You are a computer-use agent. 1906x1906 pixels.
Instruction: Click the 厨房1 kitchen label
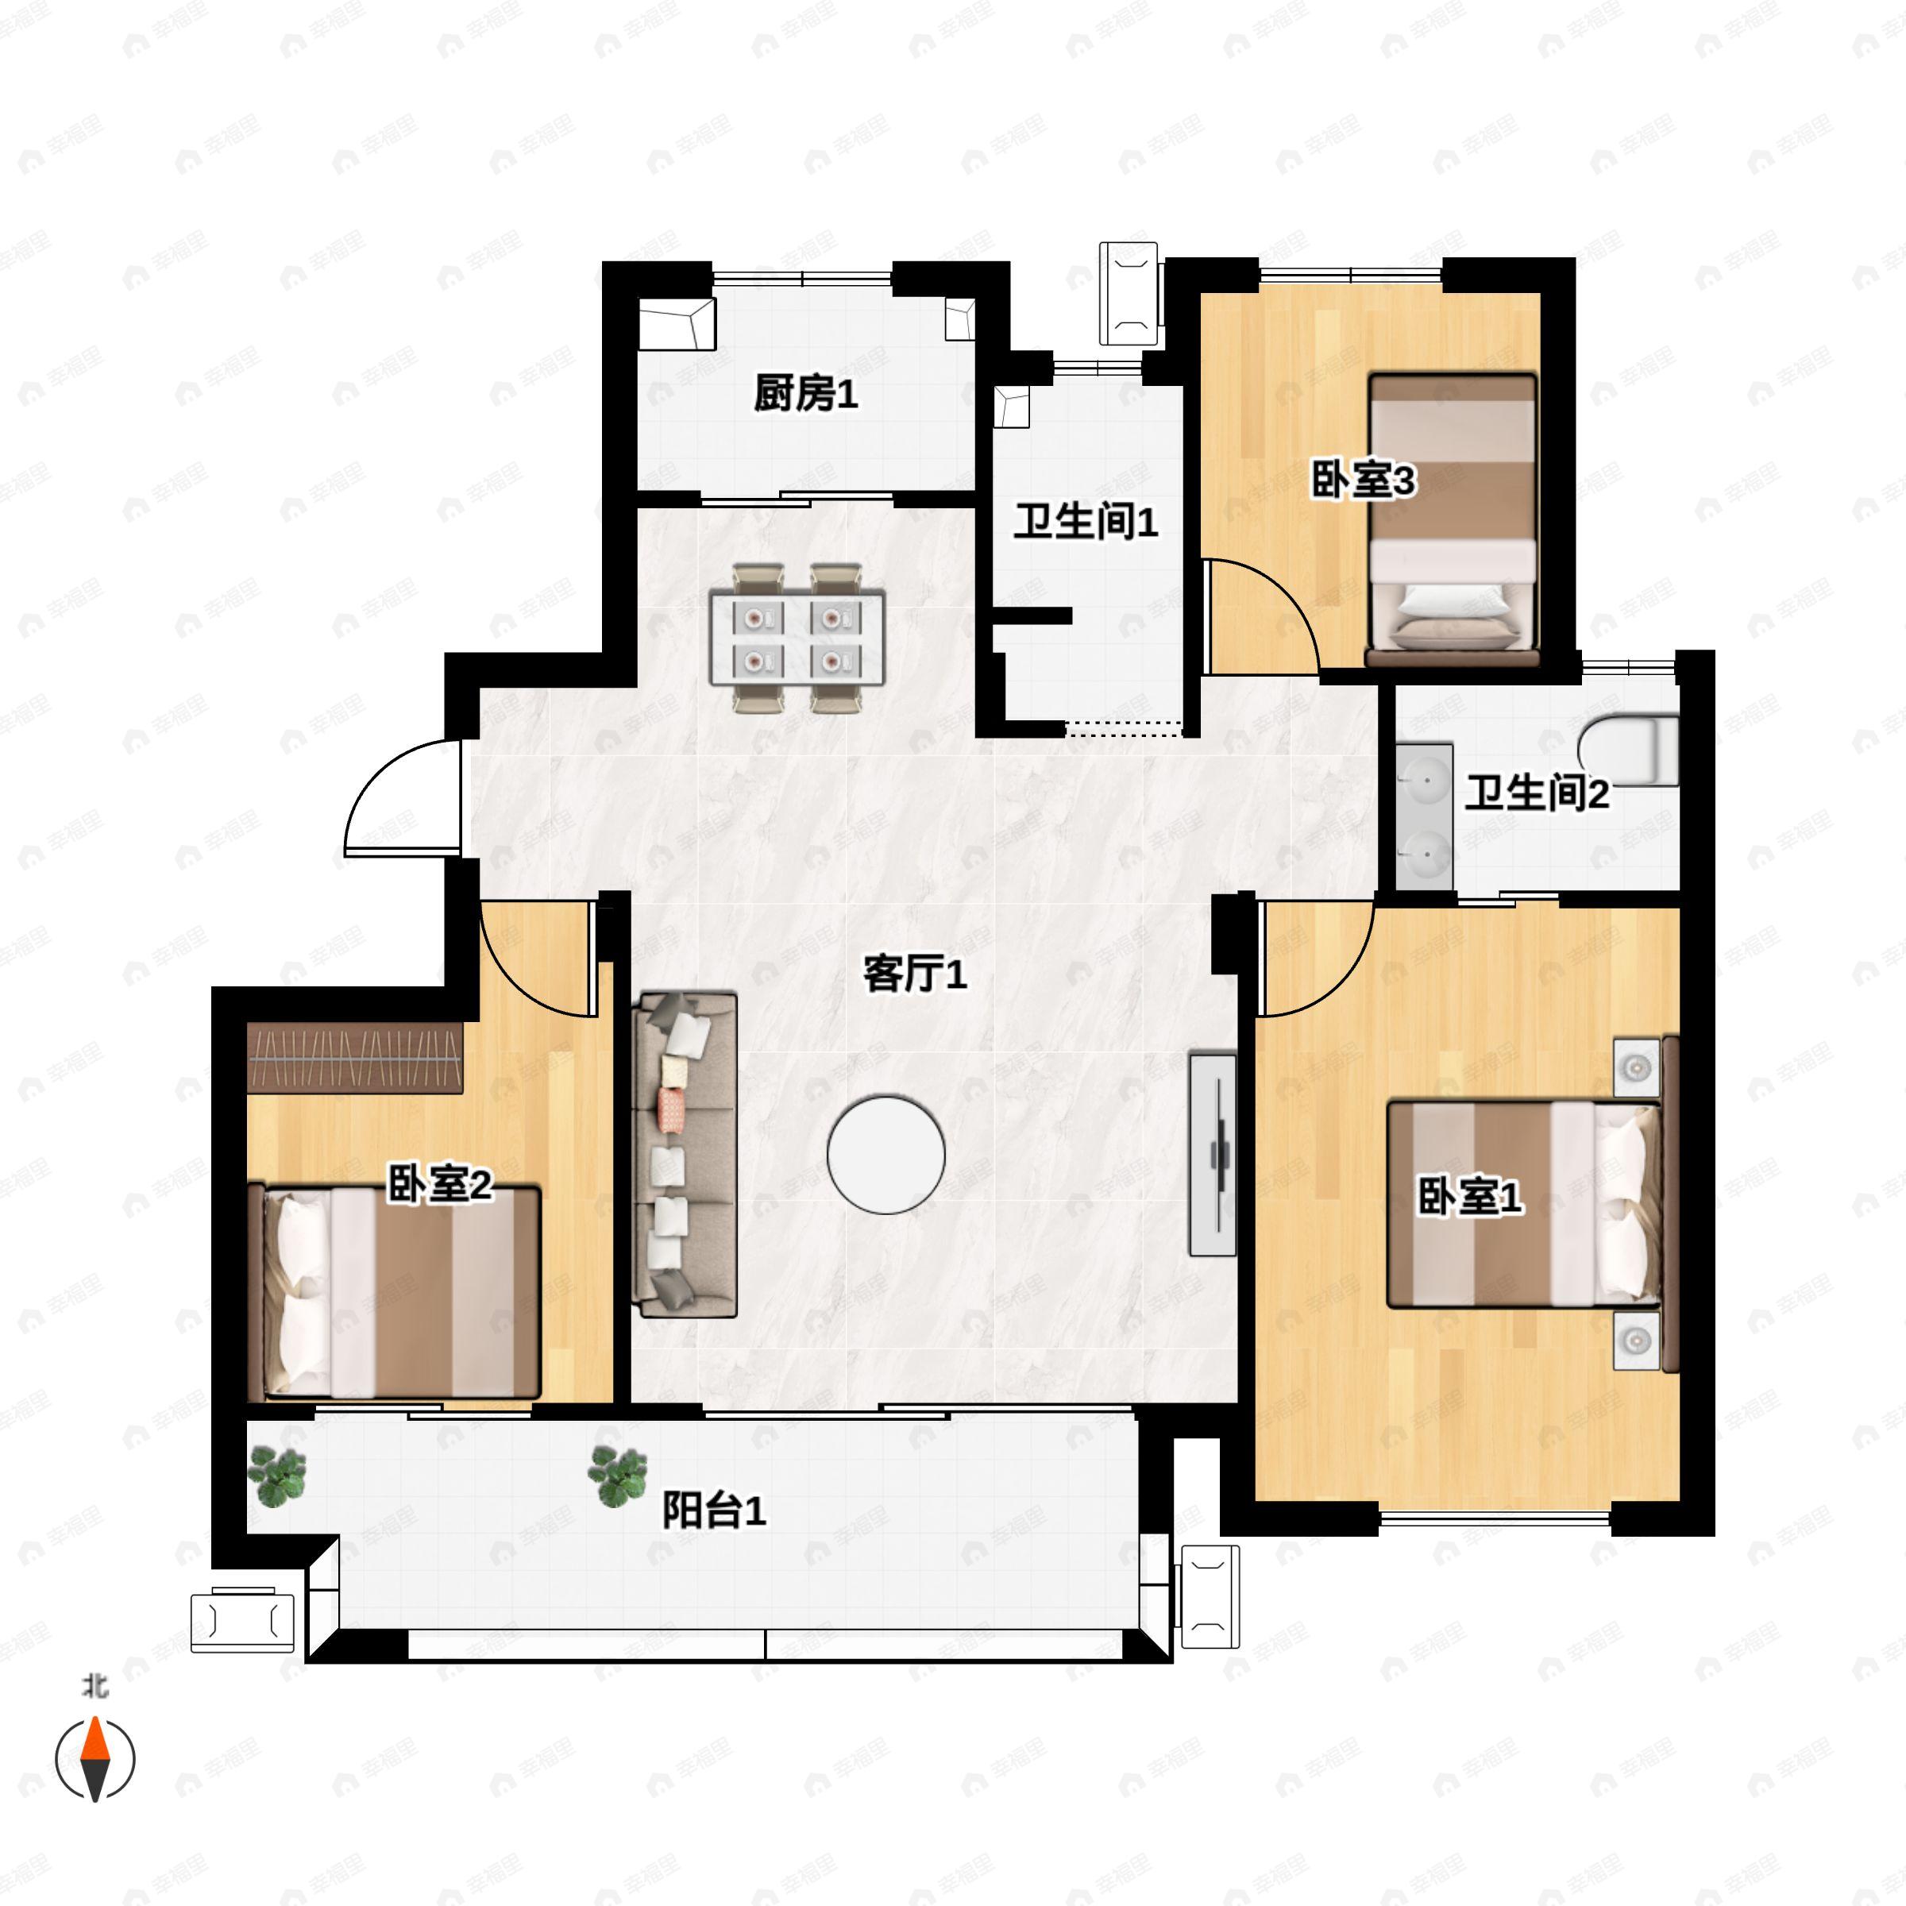point(805,394)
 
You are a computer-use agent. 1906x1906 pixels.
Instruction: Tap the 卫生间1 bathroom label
point(1085,521)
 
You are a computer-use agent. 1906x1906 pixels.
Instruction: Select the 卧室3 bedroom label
point(1363,480)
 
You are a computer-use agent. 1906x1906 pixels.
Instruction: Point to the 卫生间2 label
point(1536,793)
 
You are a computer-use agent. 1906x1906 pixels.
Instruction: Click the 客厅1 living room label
point(915,974)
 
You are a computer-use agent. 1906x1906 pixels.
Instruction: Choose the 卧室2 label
point(439,1184)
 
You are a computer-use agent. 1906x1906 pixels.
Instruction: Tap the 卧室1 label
point(1469,1197)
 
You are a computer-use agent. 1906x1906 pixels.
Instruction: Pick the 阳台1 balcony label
point(713,1511)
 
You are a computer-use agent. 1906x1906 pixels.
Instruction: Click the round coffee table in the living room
point(886,1154)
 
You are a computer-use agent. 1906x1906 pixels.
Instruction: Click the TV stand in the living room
point(1213,1154)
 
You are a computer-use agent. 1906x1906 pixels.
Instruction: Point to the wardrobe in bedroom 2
point(355,1058)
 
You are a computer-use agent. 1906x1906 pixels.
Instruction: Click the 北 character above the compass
point(95,1686)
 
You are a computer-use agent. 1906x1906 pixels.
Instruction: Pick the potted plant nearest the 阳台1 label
point(618,1476)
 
